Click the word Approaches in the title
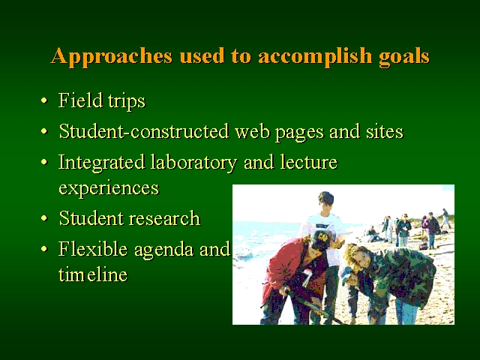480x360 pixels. pos(112,56)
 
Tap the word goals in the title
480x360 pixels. pos(404,57)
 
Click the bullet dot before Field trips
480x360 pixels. pos(44,100)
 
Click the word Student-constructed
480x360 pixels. pos(144,131)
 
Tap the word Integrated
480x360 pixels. pos(101,162)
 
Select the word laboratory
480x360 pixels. pos(193,162)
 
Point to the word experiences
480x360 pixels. pos(109,188)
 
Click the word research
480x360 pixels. pos(164,218)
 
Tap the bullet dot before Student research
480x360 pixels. pos(44,218)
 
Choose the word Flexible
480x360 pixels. pos(93,248)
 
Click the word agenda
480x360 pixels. pos(163,250)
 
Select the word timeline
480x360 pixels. pos(93,274)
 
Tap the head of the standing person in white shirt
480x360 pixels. pos(325,202)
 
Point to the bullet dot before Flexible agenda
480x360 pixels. pos(44,249)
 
